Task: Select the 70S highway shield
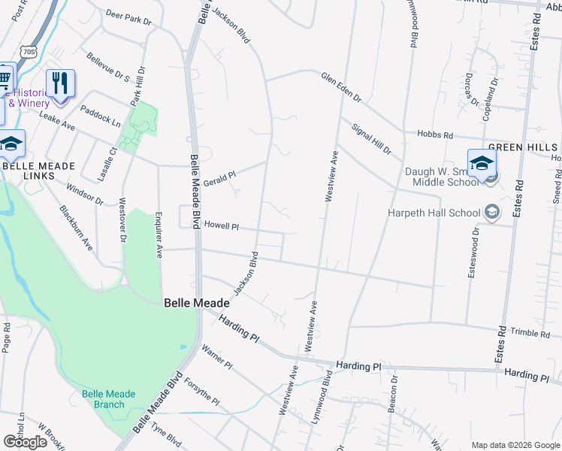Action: click(29, 52)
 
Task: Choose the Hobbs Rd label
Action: click(438, 135)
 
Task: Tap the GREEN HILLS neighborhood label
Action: click(523, 147)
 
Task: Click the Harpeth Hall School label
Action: click(434, 213)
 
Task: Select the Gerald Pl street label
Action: click(220, 174)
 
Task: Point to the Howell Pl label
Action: click(222, 225)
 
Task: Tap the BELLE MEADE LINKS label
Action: click(38, 171)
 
